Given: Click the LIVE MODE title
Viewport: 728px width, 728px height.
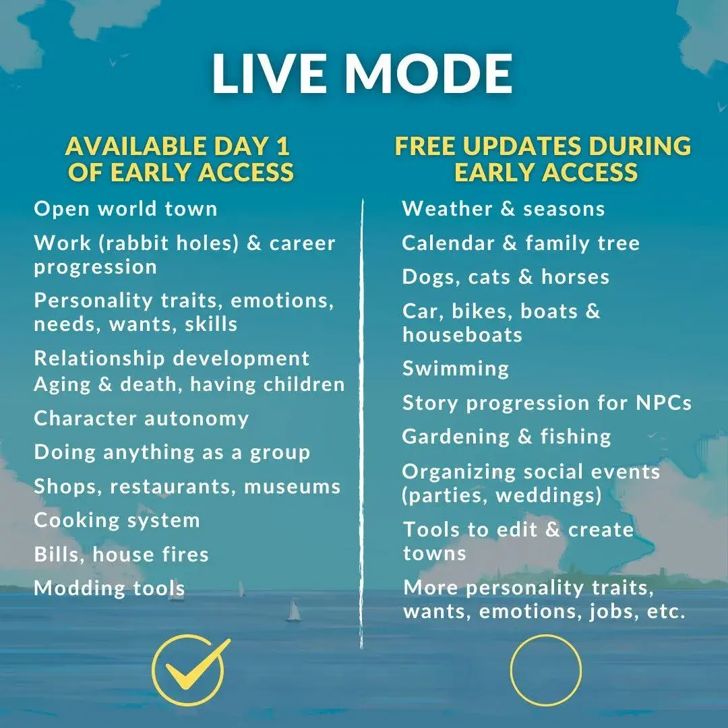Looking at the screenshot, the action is click(362, 73).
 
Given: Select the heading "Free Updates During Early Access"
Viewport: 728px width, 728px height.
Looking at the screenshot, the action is click(543, 159).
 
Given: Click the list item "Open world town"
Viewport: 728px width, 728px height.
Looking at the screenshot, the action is click(125, 209).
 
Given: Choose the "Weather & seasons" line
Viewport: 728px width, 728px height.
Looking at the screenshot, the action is click(504, 209).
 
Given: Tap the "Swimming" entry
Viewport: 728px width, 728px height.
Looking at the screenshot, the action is click(456, 369).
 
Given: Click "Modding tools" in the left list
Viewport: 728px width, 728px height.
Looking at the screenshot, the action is click(110, 588).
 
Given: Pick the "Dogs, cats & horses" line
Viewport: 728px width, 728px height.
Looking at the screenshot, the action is click(506, 277).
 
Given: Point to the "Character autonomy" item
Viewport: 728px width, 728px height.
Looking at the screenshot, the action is click(142, 419).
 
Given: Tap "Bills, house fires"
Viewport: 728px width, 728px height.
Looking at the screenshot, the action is click(121, 554).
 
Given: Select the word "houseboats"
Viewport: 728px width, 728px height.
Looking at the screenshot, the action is click(462, 335).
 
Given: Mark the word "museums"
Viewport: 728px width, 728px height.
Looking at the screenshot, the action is click(293, 487).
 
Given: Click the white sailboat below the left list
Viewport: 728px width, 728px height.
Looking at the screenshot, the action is click(293, 610).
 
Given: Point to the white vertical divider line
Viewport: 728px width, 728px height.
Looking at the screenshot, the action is click(362, 423).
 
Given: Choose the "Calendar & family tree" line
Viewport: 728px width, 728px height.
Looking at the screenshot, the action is click(521, 243).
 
